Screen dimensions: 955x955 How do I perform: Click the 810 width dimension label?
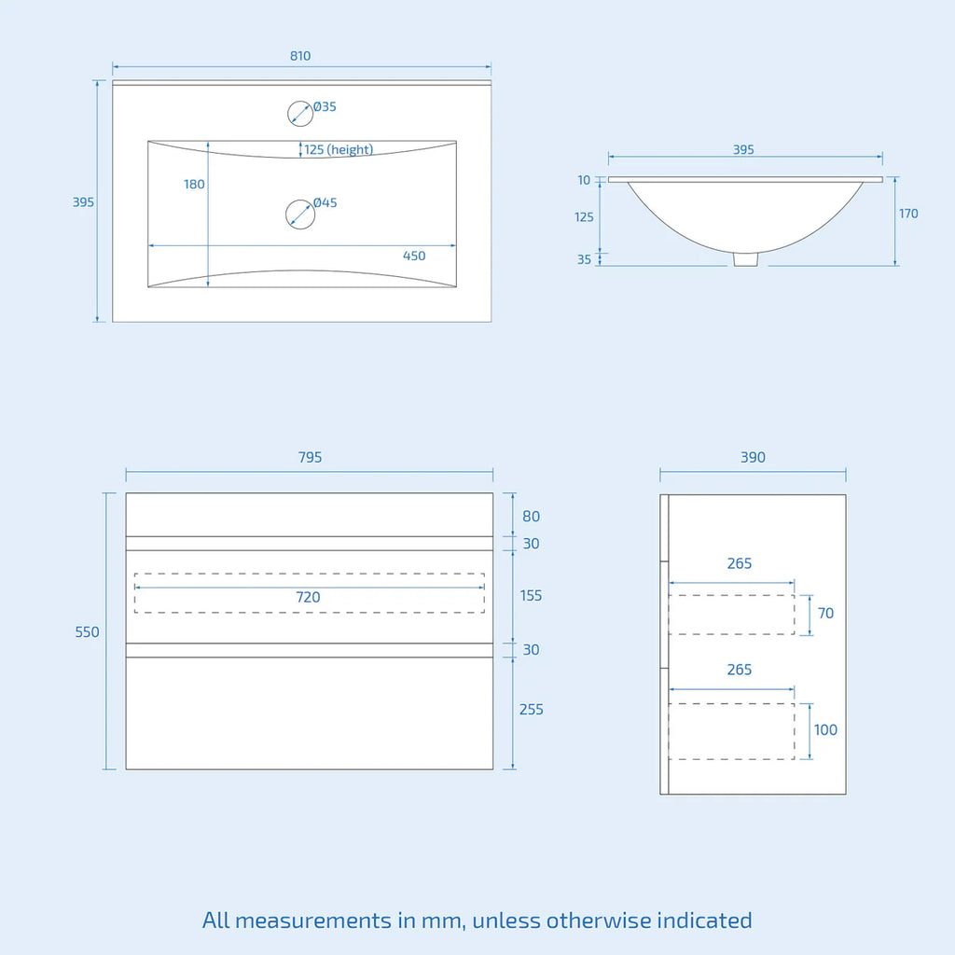300,56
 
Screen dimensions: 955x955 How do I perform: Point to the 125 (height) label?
339,150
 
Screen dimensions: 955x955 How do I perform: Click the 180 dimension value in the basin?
194,184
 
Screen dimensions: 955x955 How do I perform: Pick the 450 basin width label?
414,256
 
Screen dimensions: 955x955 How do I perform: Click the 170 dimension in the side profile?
908,214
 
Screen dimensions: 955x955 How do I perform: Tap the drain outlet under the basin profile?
745,259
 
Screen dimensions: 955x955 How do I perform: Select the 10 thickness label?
584,180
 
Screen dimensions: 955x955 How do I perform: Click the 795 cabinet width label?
310,457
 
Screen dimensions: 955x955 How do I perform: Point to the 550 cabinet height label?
87,632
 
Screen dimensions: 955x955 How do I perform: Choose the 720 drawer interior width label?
308,598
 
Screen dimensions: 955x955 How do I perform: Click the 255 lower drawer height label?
531,710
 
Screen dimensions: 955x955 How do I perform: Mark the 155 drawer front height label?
531,596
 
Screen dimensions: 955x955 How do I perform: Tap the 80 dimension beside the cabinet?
531,517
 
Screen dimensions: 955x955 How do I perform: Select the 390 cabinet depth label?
753,457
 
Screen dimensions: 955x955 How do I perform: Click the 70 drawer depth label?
826,614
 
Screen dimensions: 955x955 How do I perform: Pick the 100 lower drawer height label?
826,729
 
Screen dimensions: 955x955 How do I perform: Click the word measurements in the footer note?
313,920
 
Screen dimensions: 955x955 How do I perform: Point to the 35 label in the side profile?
584,259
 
